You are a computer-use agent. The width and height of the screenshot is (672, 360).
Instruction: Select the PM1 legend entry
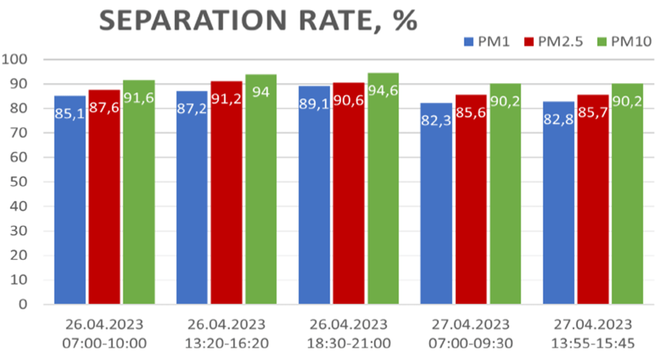click(x=487, y=42)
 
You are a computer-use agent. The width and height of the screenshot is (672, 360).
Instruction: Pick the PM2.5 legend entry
click(x=554, y=42)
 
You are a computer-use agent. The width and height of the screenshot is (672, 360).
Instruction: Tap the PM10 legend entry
click(x=624, y=42)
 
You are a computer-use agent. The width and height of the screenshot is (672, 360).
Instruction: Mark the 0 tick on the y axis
click(x=23, y=304)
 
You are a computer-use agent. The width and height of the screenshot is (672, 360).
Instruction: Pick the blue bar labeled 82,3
click(x=436, y=206)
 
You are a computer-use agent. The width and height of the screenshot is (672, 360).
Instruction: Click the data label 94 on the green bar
click(x=261, y=92)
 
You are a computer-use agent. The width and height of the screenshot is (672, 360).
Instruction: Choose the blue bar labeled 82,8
click(x=558, y=206)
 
